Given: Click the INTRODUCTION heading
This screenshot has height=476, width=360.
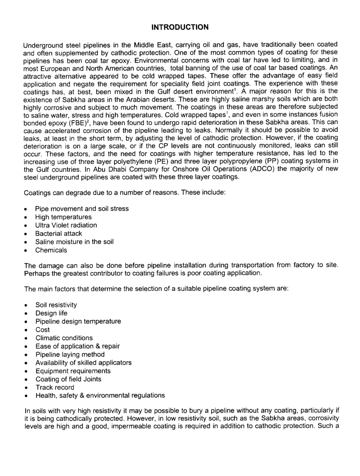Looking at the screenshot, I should [x=180, y=27].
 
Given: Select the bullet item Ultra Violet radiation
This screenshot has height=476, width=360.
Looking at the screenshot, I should [x=66, y=225].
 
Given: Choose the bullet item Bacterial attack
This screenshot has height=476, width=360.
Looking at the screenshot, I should [x=58, y=234].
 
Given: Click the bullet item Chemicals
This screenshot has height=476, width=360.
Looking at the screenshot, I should [x=51, y=250].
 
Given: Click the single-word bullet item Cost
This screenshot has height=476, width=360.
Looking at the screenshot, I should [x=42, y=330].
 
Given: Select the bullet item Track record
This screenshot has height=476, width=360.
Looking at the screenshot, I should [x=55, y=388].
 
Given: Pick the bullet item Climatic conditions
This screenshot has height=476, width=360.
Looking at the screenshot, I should [x=64, y=338].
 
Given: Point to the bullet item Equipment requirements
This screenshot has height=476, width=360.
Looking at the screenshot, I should [x=73, y=371].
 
